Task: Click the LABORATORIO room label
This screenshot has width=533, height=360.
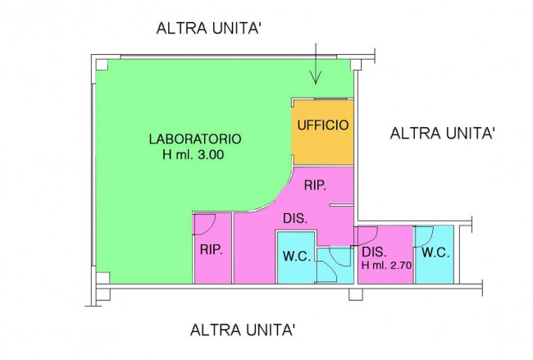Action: pyautogui.click(x=195, y=139)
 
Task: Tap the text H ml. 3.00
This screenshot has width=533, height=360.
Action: pyautogui.click(x=193, y=155)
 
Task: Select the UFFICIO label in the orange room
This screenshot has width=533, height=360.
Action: pyautogui.click(x=323, y=125)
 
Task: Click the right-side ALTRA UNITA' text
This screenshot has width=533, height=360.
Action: pyautogui.click(x=442, y=133)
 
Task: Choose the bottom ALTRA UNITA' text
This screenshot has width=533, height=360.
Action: pyautogui.click(x=243, y=330)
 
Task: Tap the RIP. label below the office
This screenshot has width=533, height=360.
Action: pyautogui.click(x=315, y=185)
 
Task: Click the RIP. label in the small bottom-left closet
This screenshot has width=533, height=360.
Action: pyautogui.click(x=211, y=250)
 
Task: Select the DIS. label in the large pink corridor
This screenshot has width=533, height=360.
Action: pyautogui.click(x=295, y=218)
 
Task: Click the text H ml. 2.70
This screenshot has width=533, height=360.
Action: pyautogui.click(x=386, y=265)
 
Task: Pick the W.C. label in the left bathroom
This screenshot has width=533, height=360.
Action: pyautogui.click(x=297, y=256)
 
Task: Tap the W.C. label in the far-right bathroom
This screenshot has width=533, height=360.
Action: pyautogui.click(x=435, y=253)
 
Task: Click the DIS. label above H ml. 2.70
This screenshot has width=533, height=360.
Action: pyautogui.click(x=374, y=253)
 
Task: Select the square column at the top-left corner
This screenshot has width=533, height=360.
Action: pyautogui.click(x=102, y=65)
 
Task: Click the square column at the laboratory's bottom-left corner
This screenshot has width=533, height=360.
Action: pyautogui.click(x=102, y=278)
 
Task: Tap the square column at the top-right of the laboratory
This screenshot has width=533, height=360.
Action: pyautogui.click(x=356, y=65)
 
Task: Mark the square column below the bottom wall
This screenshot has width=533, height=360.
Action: pyautogui.click(x=356, y=294)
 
